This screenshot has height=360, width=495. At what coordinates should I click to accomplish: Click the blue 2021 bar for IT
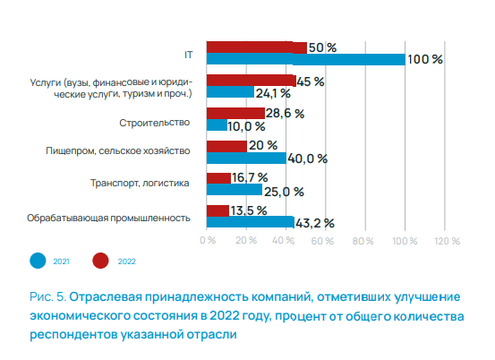click(x=305, y=60)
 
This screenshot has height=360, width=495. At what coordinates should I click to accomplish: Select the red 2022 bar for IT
click(x=256, y=47)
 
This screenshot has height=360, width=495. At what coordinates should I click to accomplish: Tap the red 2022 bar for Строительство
click(x=235, y=113)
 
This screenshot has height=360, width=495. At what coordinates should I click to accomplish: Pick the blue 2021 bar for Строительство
click(x=216, y=125)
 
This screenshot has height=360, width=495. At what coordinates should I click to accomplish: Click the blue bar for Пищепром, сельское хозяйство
click(x=246, y=158)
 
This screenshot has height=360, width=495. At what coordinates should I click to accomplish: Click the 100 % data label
click(x=425, y=60)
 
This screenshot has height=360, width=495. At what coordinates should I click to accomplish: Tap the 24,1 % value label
click(x=274, y=93)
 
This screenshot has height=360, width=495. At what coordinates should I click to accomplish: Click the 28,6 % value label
click(x=286, y=114)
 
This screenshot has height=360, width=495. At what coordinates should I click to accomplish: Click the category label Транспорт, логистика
click(x=141, y=184)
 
